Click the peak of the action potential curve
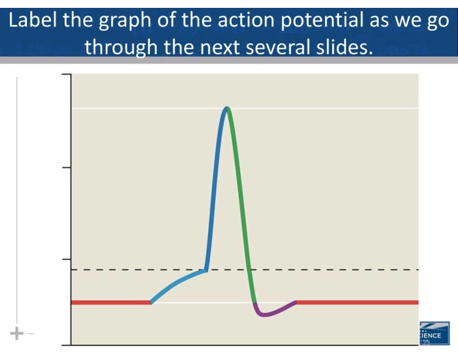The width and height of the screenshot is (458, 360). click(x=226, y=108)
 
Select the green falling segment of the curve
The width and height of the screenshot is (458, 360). click(x=244, y=209)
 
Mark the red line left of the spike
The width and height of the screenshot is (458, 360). click(x=111, y=302)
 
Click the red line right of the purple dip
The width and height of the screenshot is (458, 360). click(x=357, y=302)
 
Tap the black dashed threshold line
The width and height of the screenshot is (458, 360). click(x=340, y=270)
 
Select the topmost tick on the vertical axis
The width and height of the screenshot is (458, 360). click(x=67, y=76)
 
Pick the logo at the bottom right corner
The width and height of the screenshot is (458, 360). click(x=434, y=333)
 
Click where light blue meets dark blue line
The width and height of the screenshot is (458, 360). click(x=207, y=269)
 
